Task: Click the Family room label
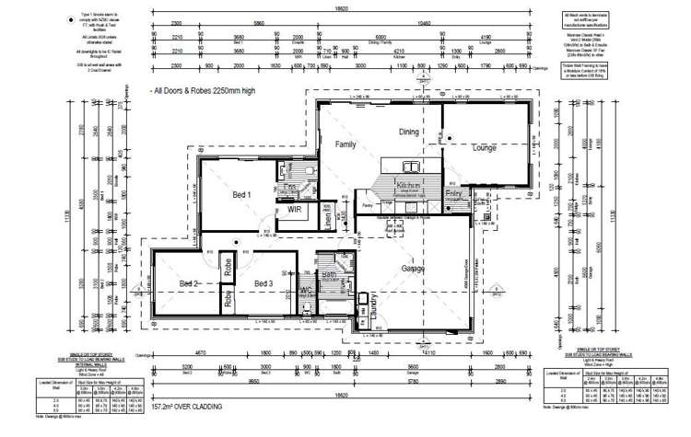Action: click(345, 144)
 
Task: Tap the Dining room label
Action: click(408, 132)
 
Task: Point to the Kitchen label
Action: click(408, 185)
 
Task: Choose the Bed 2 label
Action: click(188, 282)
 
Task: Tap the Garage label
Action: click(412, 269)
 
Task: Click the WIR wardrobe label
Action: click(296, 210)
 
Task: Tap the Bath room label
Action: click(329, 274)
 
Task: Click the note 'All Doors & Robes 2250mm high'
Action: click(205, 92)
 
